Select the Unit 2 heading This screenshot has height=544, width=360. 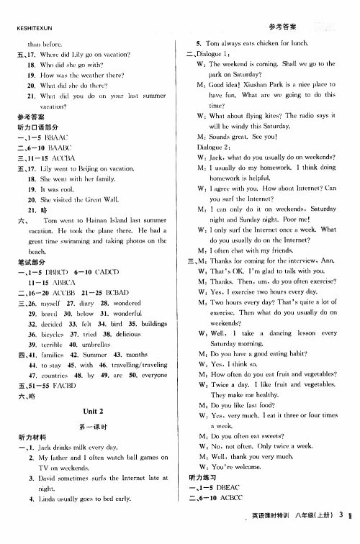coord(90,410)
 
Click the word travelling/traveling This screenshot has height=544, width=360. coord(138,365)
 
